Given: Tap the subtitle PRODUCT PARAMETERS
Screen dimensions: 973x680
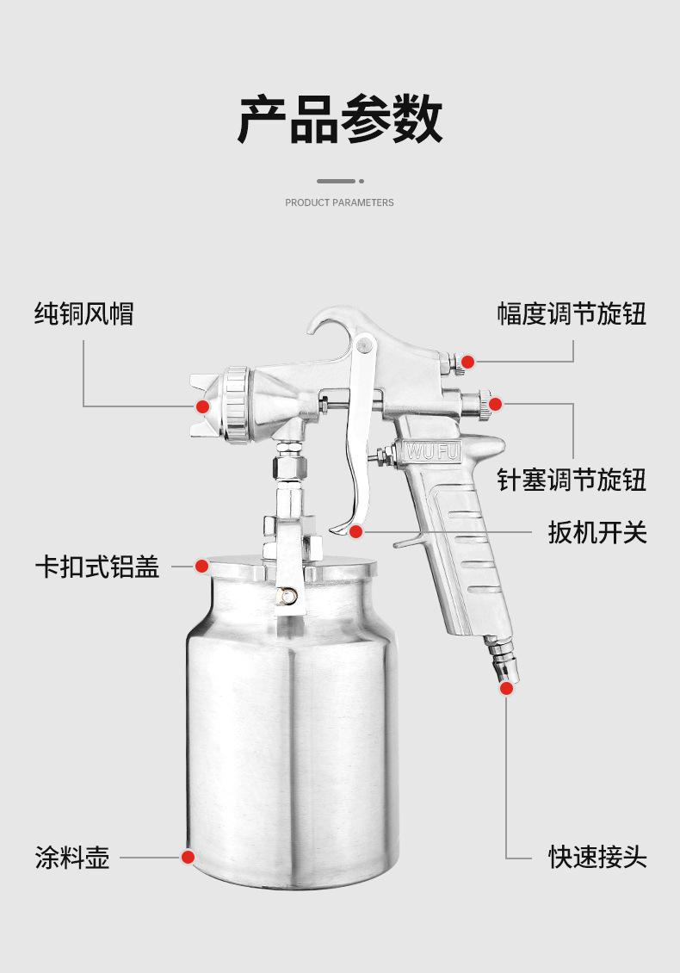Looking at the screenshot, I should click(x=339, y=202).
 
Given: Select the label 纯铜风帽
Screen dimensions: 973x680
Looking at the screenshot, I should click(x=84, y=313).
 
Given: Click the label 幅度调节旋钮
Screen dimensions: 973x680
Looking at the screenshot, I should click(x=572, y=313).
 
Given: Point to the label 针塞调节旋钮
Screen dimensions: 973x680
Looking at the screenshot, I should click(x=572, y=480).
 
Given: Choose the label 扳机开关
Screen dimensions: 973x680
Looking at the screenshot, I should click(x=597, y=532).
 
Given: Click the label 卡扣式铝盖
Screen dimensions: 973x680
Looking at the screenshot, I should click(x=97, y=567).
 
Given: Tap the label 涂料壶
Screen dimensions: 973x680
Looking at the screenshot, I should click(x=72, y=858).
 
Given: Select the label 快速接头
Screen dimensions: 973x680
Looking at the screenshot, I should click(x=597, y=858).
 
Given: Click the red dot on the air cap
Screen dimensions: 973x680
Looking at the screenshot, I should click(x=202, y=406).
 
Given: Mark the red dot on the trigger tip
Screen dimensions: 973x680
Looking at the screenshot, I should click(x=356, y=532).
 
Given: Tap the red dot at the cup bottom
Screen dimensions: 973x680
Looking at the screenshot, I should click(x=188, y=857).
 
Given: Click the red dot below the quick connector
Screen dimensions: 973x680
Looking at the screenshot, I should click(x=506, y=687).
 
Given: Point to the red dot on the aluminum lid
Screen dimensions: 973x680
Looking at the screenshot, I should click(x=201, y=566).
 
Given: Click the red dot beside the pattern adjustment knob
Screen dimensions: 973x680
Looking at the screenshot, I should click(x=467, y=362).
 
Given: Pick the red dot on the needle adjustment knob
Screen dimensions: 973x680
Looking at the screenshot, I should click(x=495, y=404).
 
